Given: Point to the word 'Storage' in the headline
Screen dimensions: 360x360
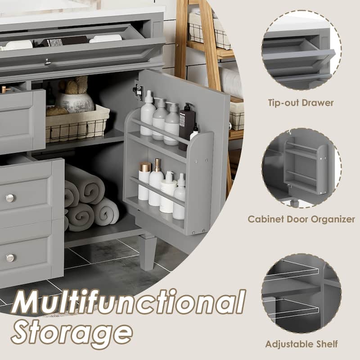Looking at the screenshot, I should pyautogui.click(x=72, y=333).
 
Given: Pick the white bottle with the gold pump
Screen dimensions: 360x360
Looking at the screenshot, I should pyautogui.click(x=156, y=183).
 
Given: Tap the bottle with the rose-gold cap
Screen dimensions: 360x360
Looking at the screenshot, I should pyautogui.click(x=144, y=181).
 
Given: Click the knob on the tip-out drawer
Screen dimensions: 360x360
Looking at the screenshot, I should pyautogui.click(x=48, y=62).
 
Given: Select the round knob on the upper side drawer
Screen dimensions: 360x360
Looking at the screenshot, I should pyautogui.click(x=10, y=198).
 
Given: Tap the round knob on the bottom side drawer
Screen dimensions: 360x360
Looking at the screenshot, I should pyautogui.click(x=10, y=258).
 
